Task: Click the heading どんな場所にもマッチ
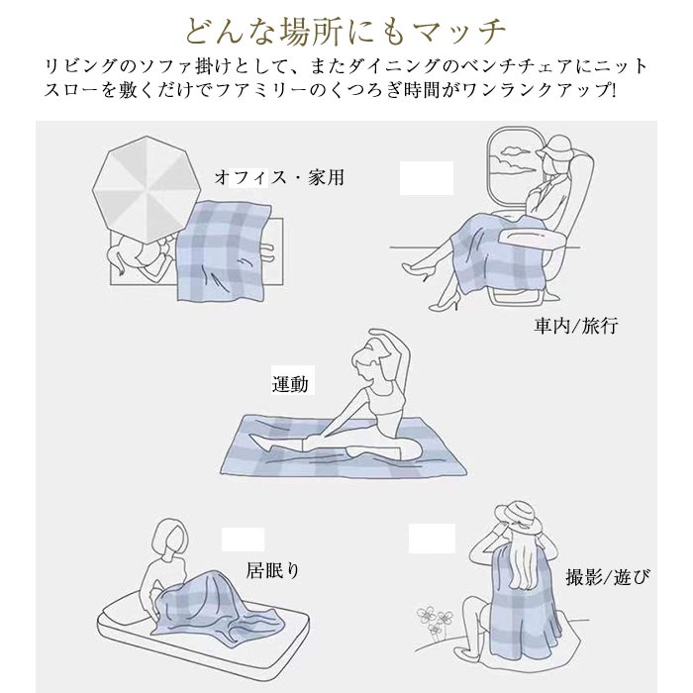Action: pyautogui.click(x=346, y=31)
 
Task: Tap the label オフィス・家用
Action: pyautogui.click(x=279, y=177)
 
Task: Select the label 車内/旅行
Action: pyautogui.click(x=576, y=326)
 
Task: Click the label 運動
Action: pyautogui.click(x=290, y=383)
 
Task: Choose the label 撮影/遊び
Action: pyautogui.click(x=609, y=577)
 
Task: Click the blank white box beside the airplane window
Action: pyautogui.click(x=427, y=178)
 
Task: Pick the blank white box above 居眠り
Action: pyautogui.click(x=243, y=540)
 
